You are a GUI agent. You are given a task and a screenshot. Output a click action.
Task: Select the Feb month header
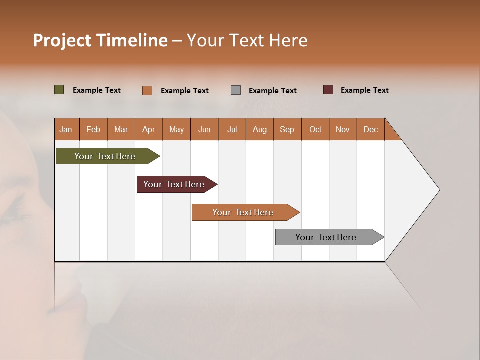(x=93, y=129)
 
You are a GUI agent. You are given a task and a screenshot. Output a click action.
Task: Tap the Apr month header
(x=149, y=129)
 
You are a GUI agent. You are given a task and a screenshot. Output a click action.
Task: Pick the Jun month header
(x=204, y=129)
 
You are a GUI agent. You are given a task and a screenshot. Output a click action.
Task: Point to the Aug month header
(x=260, y=129)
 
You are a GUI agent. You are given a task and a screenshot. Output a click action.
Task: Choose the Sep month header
(x=287, y=129)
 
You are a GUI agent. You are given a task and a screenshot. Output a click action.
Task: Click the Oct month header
(x=315, y=129)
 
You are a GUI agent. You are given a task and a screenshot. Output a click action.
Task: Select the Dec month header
(x=371, y=129)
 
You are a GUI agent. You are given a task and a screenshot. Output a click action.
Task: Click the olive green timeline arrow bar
(x=105, y=156)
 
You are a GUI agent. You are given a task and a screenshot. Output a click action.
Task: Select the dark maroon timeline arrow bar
(x=174, y=184)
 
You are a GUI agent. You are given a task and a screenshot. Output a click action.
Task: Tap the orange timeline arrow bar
(x=243, y=212)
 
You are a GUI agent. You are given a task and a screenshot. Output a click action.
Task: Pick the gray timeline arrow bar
(x=326, y=237)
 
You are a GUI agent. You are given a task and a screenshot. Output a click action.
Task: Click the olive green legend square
(x=59, y=90)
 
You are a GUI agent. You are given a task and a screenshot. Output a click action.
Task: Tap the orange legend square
(x=147, y=90)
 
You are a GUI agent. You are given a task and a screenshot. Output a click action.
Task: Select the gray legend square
(x=236, y=90)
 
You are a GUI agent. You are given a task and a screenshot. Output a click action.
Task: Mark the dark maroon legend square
(x=328, y=90)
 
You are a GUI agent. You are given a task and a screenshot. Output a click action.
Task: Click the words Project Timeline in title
(x=100, y=40)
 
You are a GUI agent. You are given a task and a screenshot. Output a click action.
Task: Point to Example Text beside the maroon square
(x=364, y=90)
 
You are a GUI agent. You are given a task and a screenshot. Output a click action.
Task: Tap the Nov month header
(x=343, y=129)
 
